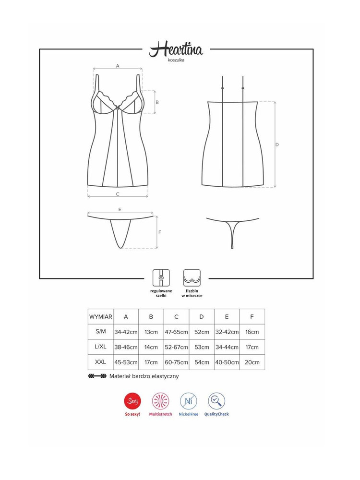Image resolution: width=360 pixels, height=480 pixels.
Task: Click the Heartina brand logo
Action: coord(176,49)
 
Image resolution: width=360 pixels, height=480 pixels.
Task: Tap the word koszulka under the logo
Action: coord(176,60)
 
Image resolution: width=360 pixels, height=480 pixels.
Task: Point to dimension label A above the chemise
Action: coord(118,66)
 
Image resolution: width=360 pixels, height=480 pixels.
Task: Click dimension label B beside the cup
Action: coord(157,102)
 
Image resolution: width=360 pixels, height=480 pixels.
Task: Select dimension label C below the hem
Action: coord(118,194)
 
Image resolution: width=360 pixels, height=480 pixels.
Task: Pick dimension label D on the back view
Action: coord(277,144)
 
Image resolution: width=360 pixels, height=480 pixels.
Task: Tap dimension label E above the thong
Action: coord(120,209)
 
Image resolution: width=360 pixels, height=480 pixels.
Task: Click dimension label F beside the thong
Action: coord(160,232)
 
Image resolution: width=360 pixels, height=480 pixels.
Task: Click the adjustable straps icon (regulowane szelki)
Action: coord(161,278)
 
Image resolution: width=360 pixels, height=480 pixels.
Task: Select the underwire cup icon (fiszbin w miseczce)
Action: coord(192,278)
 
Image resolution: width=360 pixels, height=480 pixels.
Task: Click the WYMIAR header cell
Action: coord(100,317)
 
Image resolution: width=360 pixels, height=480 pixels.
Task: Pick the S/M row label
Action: coord(101,332)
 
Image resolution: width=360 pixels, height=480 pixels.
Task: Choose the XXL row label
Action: coord(100,362)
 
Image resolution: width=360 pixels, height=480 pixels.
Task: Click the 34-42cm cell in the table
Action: coord(126,332)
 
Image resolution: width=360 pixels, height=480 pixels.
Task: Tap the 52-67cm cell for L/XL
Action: coord(176,347)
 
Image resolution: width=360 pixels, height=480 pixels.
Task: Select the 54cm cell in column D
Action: coord(202,362)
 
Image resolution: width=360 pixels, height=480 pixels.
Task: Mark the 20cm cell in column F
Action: coord(252,362)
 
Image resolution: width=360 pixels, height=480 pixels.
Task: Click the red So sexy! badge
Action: coord(132,401)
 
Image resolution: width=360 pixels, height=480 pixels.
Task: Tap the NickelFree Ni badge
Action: coord(189,401)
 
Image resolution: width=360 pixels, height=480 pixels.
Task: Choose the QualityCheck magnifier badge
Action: coord(216,401)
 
